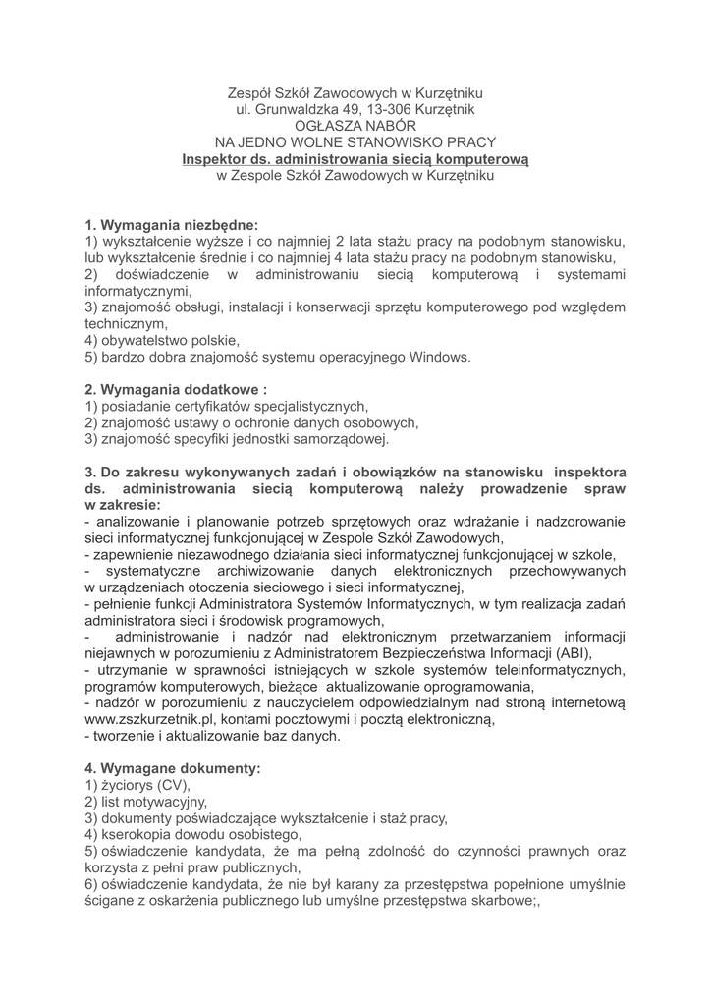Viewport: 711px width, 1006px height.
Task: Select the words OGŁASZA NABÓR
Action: (x=355, y=126)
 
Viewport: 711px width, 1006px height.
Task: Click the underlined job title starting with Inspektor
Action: (x=355, y=159)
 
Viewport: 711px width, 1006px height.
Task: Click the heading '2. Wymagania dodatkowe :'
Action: (x=176, y=390)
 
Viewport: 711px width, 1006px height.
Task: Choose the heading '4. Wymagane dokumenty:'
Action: (x=173, y=769)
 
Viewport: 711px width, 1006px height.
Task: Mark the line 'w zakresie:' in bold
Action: (x=123, y=504)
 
